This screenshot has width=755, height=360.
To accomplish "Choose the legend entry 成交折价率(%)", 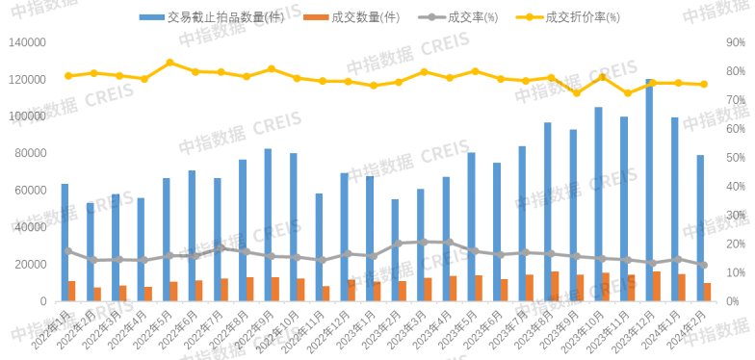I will [581, 17].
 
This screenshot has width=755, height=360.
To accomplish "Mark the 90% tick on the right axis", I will [735, 42].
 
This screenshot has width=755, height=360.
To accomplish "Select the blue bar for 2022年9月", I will [268, 225].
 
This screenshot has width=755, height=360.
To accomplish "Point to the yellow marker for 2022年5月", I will [169, 63].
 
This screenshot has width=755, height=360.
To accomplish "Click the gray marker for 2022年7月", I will [221, 247].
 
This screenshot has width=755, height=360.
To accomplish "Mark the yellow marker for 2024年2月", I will [704, 85].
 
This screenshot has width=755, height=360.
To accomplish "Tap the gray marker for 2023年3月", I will [424, 242].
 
